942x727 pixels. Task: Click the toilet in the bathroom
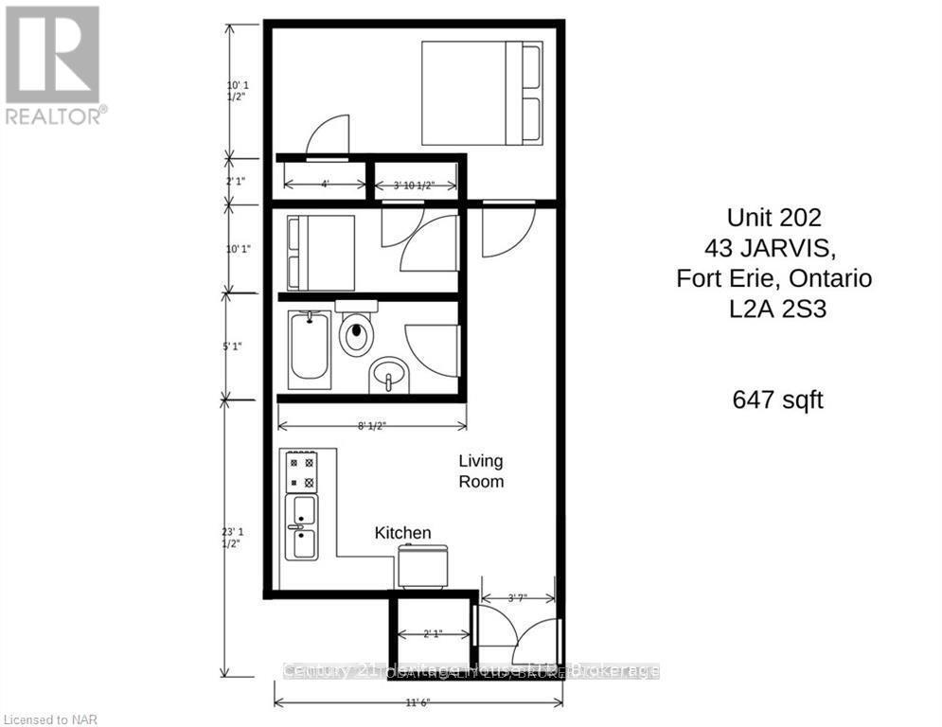[x=356, y=331]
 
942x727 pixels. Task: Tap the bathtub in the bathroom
[x=311, y=349]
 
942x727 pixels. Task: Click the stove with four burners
[x=302, y=471]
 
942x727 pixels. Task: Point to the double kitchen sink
[x=303, y=527]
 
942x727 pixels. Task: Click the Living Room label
[x=481, y=471]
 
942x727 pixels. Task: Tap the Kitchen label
[x=403, y=533]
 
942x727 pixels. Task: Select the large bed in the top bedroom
[x=481, y=93]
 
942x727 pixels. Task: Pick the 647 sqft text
[x=777, y=400]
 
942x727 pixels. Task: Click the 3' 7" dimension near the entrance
[x=516, y=598]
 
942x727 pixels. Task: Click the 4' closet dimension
[x=325, y=186]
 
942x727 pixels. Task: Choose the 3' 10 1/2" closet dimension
[x=414, y=186]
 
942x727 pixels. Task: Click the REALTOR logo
[x=53, y=64]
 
